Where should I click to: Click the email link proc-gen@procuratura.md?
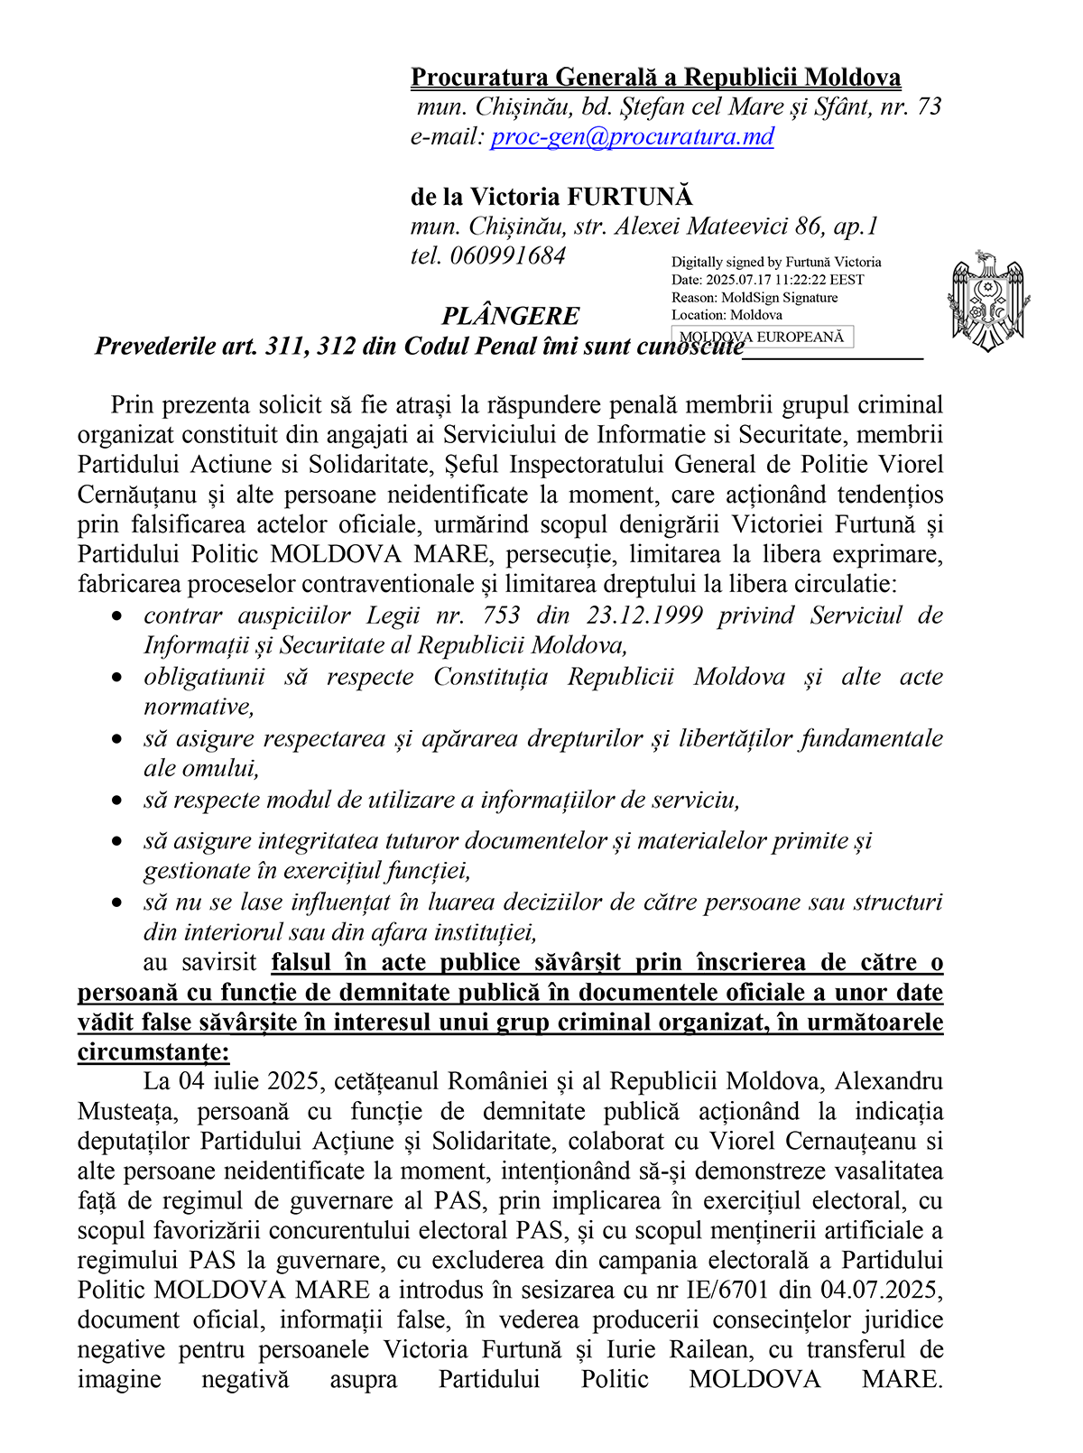click(x=632, y=137)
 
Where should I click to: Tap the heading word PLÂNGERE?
click(x=511, y=317)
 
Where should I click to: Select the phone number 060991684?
click(x=507, y=256)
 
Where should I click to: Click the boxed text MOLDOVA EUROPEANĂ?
click(x=764, y=338)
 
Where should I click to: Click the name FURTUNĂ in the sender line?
click(x=631, y=197)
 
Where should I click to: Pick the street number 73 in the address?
click(x=929, y=107)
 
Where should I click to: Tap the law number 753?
click(x=502, y=615)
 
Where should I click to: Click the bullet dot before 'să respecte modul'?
click(x=116, y=801)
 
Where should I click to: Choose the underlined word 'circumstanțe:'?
click(x=153, y=1052)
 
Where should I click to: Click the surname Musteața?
click(x=123, y=1112)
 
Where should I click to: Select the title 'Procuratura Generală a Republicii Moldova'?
click(x=655, y=78)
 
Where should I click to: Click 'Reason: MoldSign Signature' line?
click(x=754, y=298)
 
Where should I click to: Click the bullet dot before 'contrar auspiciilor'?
click(x=116, y=616)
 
